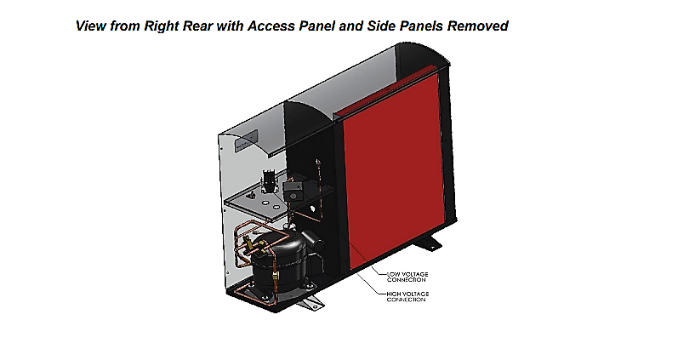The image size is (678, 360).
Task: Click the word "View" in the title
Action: point(91,26)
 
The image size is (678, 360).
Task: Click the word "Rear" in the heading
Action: point(198,26)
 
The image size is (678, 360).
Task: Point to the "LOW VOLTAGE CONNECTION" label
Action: point(407,277)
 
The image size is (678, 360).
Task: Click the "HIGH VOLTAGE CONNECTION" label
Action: point(407,296)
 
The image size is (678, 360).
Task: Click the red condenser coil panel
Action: point(394,173)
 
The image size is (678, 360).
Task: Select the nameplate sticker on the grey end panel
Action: point(246,140)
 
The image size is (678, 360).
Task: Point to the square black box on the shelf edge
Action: point(292,191)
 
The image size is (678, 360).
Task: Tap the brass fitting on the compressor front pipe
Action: point(273,276)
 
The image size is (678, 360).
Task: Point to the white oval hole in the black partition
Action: point(311,209)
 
